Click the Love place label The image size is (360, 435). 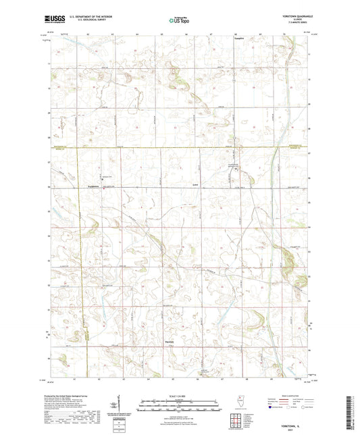coord(195,184)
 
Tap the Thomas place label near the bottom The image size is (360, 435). coord(190,359)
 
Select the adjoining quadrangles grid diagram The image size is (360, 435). coord(235,421)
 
